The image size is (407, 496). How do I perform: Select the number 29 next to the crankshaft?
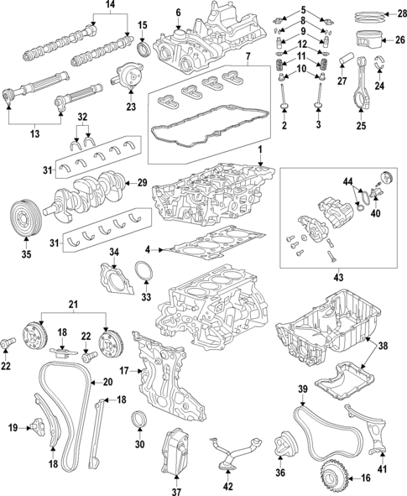pos(141,182)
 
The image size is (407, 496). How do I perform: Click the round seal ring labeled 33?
pos(144,274)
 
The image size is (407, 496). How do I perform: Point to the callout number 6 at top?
pos(178,12)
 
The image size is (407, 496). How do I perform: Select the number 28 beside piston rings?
pos(400,12)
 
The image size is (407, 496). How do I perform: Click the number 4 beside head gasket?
pos(149,249)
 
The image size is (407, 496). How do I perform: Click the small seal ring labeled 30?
pos(139,420)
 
